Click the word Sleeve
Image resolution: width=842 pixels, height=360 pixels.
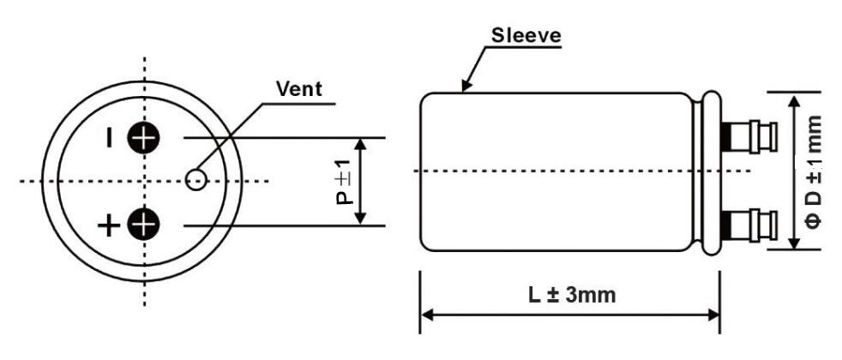tap(526, 35)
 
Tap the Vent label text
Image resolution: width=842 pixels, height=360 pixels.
tap(295, 88)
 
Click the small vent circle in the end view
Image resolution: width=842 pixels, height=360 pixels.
tap(196, 179)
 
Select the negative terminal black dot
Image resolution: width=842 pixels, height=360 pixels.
tap(143, 137)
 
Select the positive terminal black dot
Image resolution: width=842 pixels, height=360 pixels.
tap(143, 225)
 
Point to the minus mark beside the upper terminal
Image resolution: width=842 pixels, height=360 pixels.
tap(110, 137)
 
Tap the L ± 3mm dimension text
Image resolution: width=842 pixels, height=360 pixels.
tap(571, 295)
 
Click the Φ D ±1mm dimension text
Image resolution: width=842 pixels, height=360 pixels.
tap(815, 171)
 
